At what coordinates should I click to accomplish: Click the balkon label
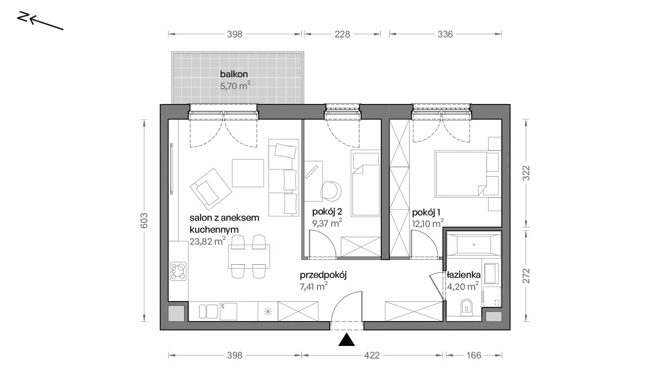click(234, 74)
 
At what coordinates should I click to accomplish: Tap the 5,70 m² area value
click(235, 86)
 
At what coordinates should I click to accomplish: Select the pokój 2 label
click(327, 212)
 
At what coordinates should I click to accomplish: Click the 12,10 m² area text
click(428, 223)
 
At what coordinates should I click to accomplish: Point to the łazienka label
click(463, 275)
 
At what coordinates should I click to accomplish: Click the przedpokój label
click(323, 275)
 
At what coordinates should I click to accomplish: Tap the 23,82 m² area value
click(208, 241)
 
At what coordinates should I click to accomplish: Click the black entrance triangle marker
click(347, 339)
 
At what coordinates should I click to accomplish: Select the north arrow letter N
click(22, 17)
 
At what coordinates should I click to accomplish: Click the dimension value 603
click(144, 220)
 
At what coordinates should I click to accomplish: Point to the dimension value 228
click(342, 35)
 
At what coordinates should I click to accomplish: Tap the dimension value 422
click(372, 356)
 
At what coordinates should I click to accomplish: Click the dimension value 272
click(526, 276)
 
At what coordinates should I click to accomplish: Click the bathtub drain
click(474, 245)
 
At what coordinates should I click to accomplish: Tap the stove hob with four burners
click(178, 271)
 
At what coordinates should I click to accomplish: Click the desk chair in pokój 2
click(331, 191)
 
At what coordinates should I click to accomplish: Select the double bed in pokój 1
click(461, 173)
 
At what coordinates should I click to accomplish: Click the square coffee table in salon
click(248, 173)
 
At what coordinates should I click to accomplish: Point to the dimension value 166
click(474, 356)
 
